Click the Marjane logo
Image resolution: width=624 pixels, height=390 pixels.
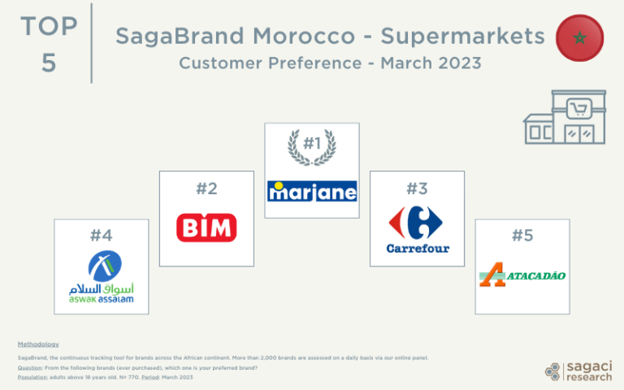312,191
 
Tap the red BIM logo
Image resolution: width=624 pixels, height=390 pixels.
206,227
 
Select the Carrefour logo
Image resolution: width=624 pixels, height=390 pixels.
417,229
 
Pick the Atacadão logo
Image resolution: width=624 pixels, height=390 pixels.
522,276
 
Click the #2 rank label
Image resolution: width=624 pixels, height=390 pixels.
206,188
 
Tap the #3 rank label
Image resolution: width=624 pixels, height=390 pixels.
417,188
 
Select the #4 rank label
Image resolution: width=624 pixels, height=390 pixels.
101,236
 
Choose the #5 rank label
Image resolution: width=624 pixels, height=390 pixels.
522,236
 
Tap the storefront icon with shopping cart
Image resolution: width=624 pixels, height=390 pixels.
565,118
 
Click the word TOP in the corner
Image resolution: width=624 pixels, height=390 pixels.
49,26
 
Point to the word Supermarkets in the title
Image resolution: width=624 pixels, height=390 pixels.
462,37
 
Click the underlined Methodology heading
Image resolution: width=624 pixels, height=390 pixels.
38,344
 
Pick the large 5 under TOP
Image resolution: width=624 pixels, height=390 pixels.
49,63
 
